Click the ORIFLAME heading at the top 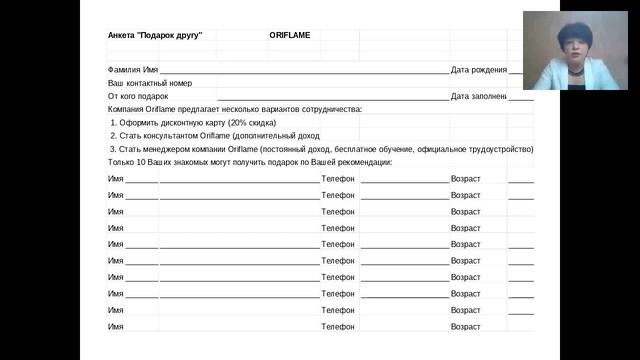(x=289, y=35)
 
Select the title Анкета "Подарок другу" (x=155, y=35)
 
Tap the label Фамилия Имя (x=133, y=69)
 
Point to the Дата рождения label (x=479, y=69)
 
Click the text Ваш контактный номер (x=150, y=83)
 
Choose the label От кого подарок (x=138, y=96)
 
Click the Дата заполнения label (x=479, y=96)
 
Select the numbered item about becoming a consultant (x=215, y=135)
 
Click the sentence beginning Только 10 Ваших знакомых (x=250, y=162)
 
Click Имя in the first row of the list (x=116, y=179)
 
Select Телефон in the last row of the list (x=338, y=327)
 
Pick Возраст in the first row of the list (x=466, y=179)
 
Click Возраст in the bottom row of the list (x=466, y=327)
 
